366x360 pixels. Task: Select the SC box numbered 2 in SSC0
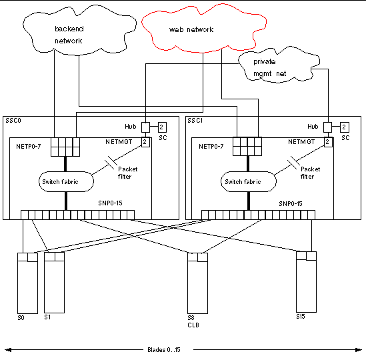click(161, 127)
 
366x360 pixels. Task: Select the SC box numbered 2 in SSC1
click(344, 127)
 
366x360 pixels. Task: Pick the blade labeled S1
click(53, 282)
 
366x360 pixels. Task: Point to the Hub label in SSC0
click(131, 126)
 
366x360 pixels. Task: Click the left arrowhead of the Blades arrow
click(7, 349)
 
